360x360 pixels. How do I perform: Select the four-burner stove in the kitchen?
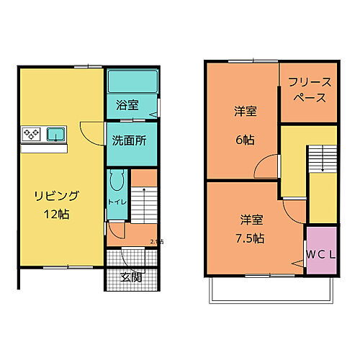coord(32,133)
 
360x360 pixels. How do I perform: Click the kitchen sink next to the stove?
coord(55,133)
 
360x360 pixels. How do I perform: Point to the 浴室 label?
coord(127,105)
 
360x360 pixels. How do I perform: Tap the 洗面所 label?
coord(129,140)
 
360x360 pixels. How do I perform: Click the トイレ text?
coord(117,202)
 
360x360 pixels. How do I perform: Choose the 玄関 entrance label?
coord(130,276)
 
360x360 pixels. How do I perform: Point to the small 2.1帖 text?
coord(156,242)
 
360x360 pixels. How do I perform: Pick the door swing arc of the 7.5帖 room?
coord(294,210)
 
